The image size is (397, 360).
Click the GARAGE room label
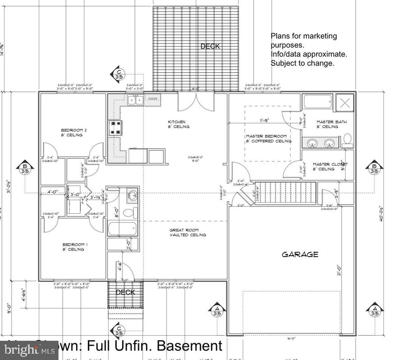click(300, 254)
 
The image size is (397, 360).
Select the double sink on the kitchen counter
click(135, 100)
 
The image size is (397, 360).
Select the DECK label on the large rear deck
click(210, 46)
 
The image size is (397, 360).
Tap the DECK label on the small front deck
click(125, 292)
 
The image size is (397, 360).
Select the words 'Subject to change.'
click(302, 63)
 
